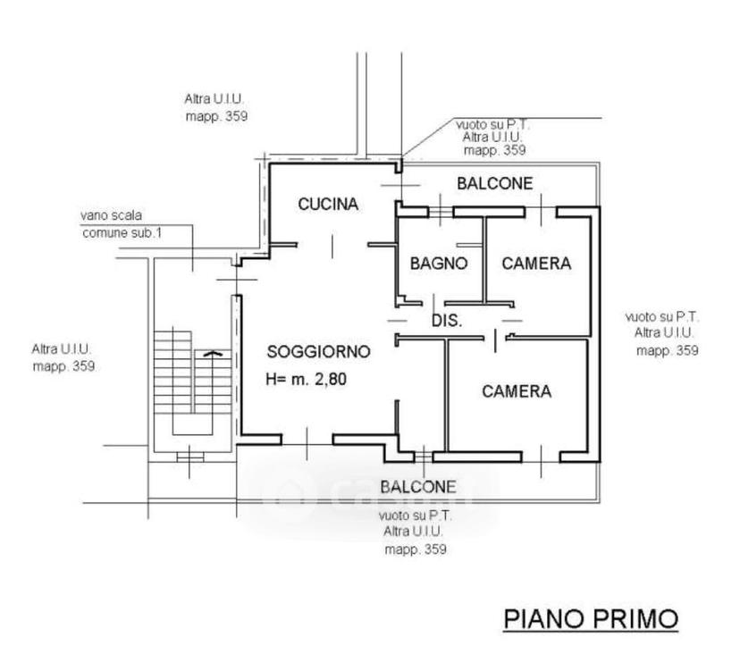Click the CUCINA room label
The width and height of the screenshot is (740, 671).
[328, 205]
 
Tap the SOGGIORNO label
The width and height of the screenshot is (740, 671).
[318, 351]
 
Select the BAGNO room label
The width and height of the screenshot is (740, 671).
[439, 264]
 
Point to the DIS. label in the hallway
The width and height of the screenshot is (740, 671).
[447, 321]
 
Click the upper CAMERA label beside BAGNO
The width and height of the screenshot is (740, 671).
[536, 264]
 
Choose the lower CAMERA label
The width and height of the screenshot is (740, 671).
[517, 391]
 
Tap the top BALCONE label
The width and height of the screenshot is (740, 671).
[495, 183]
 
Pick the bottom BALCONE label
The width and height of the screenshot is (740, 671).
[418, 487]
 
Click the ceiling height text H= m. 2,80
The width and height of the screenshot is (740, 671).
[307, 379]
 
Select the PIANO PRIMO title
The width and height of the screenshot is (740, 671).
[591, 618]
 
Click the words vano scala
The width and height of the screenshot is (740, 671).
[111, 215]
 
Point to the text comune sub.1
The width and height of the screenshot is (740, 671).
[122, 233]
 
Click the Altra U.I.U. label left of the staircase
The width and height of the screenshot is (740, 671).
[62, 349]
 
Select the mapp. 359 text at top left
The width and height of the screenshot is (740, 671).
[216, 116]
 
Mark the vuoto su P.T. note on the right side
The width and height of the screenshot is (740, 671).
[662, 316]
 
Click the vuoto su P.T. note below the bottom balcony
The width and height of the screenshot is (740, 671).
[416, 516]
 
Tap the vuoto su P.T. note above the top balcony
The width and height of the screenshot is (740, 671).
[493, 125]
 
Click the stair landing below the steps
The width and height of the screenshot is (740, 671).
[192, 442]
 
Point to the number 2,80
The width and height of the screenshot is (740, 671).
[331, 379]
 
